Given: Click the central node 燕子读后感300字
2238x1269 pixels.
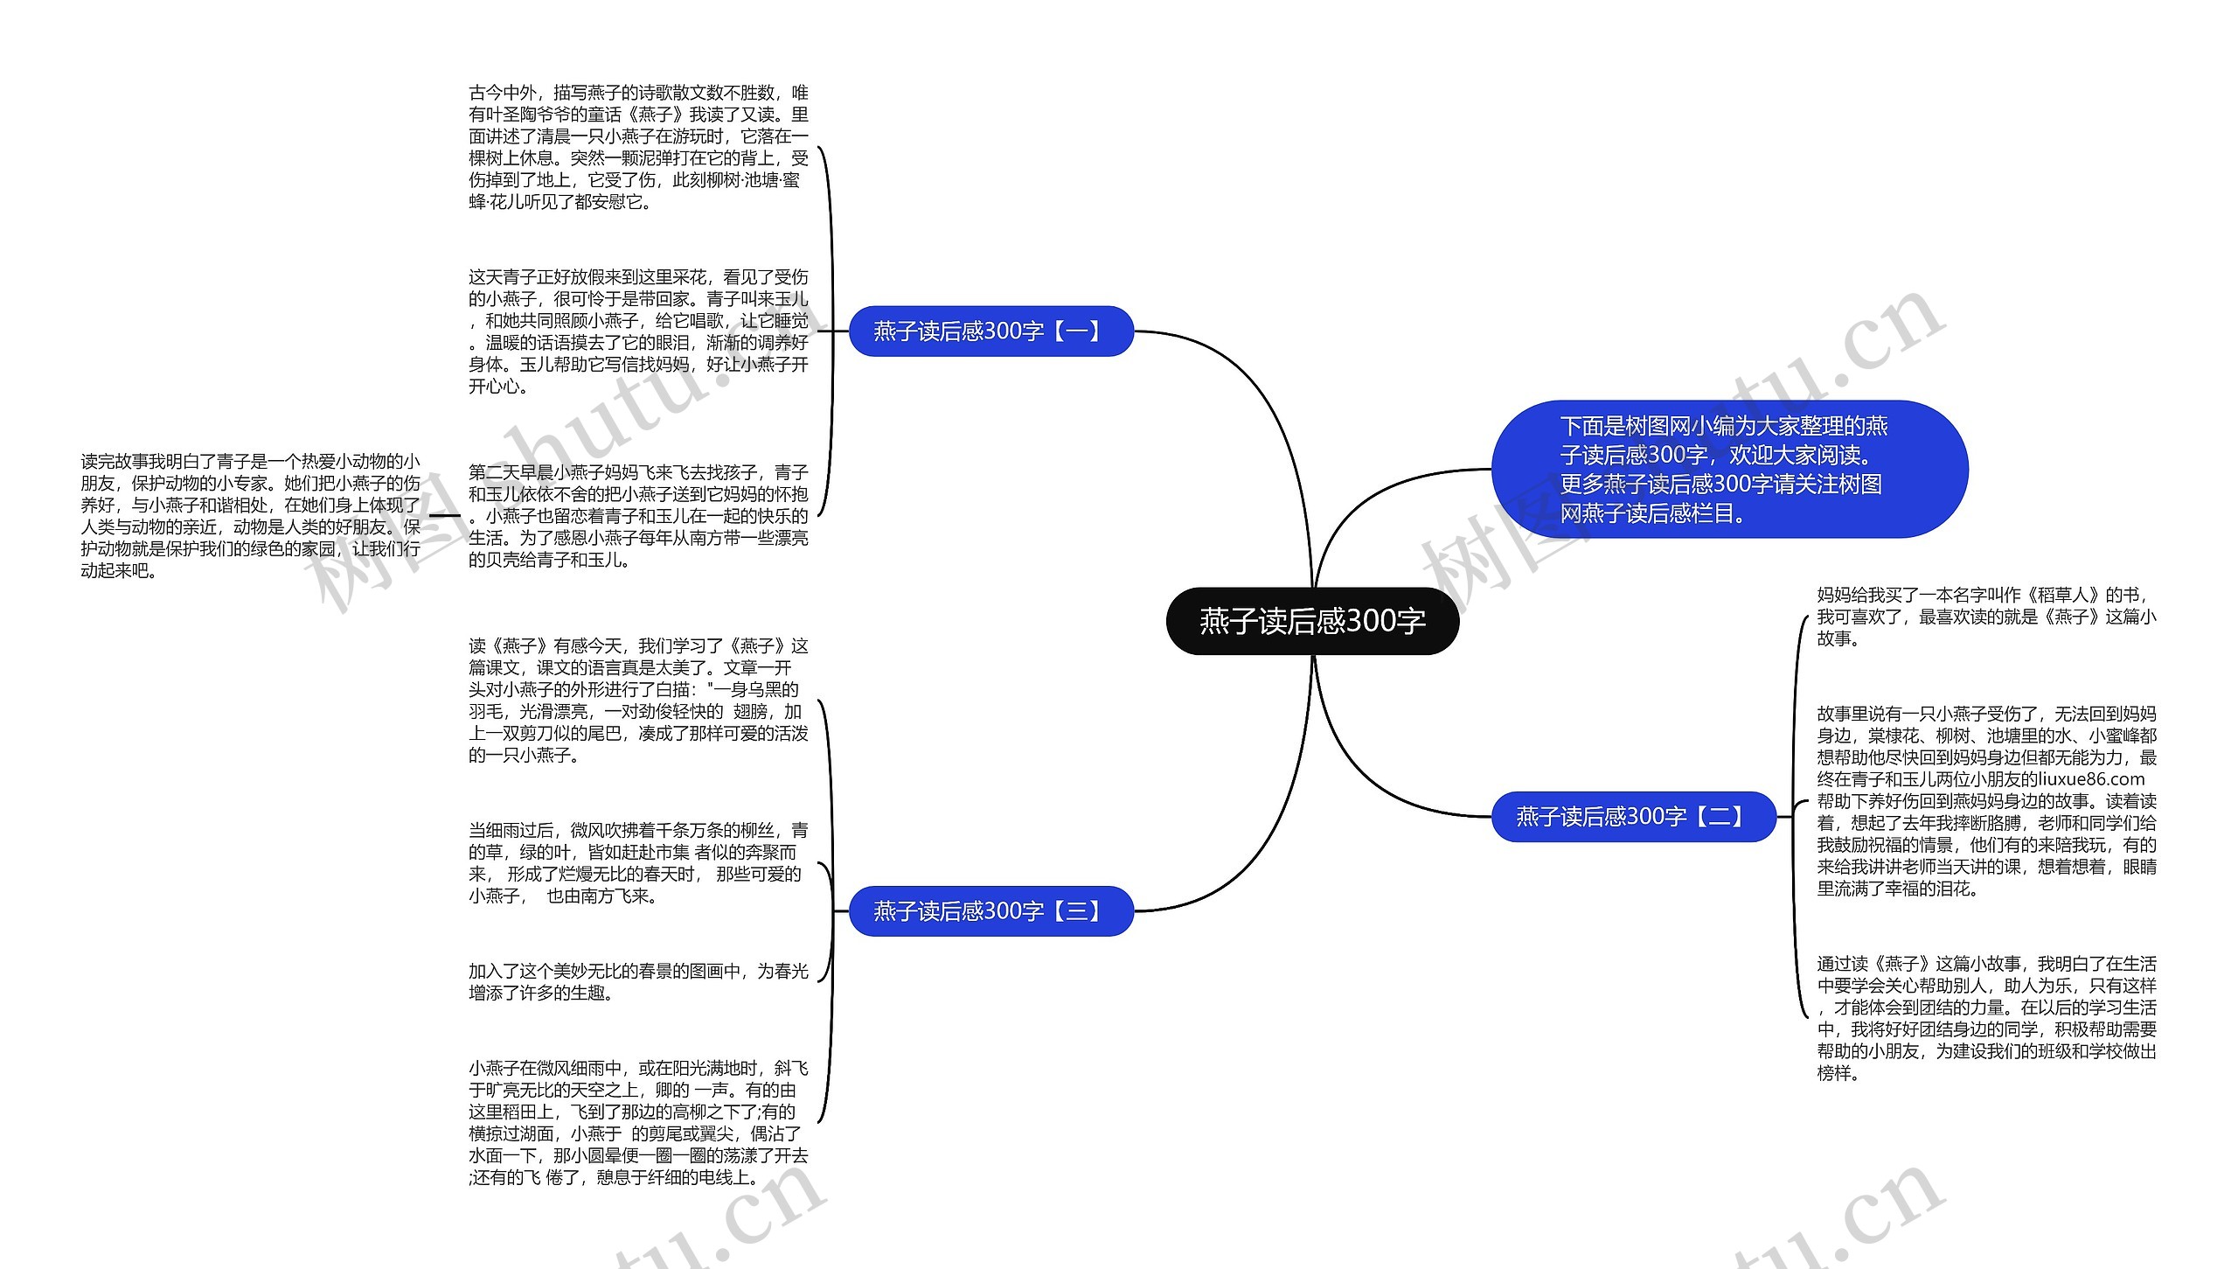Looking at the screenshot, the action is [x=1312, y=621].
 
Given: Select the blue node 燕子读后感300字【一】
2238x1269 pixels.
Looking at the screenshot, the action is [x=990, y=331].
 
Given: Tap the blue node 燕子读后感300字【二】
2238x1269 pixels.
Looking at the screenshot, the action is [x=1633, y=817].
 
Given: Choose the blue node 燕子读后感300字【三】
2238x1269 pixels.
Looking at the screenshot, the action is [x=990, y=911].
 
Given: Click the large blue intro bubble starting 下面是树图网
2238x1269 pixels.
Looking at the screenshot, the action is [x=1728, y=470].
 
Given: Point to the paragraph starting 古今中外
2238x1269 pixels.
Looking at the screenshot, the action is [x=638, y=147].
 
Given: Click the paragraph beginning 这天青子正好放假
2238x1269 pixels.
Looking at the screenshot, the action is [x=638, y=331].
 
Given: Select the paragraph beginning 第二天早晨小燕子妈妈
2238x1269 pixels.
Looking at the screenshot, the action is [x=638, y=516].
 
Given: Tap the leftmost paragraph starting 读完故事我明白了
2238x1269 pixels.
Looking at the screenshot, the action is [x=250, y=516].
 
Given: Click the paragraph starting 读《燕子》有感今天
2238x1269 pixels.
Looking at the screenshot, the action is [x=638, y=701].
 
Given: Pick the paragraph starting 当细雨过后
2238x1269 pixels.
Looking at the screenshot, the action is [x=638, y=863].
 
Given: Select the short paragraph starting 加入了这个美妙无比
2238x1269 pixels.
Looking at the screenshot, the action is [x=638, y=982].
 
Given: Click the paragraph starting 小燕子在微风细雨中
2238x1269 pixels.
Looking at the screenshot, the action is [x=638, y=1123].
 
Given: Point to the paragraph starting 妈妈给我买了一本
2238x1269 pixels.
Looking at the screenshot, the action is [x=1986, y=617].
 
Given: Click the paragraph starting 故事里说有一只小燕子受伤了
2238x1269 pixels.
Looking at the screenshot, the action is [x=1986, y=801].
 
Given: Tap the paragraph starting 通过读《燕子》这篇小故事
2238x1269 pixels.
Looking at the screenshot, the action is [x=1986, y=1018].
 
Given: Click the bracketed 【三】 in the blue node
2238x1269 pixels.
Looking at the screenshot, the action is [x=1077, y=911].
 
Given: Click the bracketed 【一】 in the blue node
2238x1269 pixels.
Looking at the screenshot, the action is [x=1077, y=331].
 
